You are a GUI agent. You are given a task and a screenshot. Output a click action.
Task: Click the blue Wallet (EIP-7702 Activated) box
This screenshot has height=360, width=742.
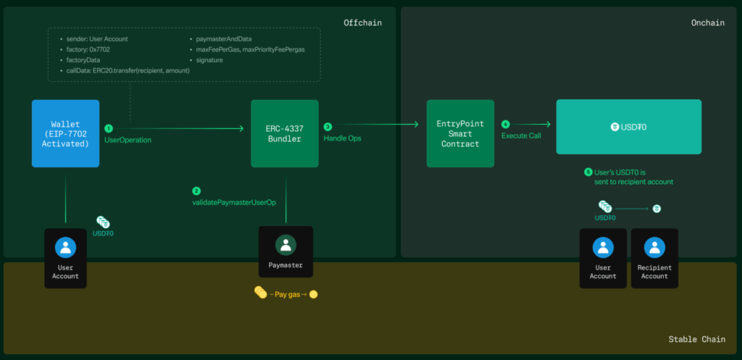click(x=65, y=133)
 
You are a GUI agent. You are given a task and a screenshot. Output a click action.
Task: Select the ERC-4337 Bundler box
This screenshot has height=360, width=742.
click(x=285, y=133)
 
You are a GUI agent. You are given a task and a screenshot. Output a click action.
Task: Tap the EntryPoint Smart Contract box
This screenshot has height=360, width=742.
click(x=460, y=133)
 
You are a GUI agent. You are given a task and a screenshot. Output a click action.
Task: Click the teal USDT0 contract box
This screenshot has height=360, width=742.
click(x=629, y=127)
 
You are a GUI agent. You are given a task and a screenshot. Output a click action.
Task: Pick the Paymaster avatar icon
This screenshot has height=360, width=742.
click(x=285, y=245)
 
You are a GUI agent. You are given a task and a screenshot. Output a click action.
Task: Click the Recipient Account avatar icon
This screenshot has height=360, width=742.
click(x=654, y=248)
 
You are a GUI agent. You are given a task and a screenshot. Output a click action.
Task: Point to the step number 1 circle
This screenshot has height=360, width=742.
click(x=109, y=128)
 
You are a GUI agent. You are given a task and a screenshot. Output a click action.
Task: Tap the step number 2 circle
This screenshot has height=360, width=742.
click(x=196, y=191)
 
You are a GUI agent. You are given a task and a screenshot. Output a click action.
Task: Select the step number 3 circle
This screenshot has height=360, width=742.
click(x=328, y=127)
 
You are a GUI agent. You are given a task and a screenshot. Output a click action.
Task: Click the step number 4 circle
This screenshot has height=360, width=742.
click(x=505, y=125)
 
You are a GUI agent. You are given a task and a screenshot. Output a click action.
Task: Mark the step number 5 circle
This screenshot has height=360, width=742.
click(x=588, y=172)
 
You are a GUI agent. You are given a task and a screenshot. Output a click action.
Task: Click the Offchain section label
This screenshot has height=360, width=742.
click(x=362, y=22)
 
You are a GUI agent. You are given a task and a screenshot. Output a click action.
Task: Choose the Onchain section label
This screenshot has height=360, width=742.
click(x=708, y=22)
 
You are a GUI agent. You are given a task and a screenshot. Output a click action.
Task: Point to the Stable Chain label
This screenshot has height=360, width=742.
click(x=696, y=339)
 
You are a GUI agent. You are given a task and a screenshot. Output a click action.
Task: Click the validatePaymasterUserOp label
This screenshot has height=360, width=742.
click(x=234, y=203)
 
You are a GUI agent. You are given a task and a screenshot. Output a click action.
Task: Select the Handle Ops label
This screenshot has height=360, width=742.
click(x=342, y=138)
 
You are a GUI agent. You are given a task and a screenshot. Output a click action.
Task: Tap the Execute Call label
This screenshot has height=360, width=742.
click(x=521, y=135)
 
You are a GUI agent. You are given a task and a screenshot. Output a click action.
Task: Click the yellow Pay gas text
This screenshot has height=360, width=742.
click(x=288, y=294)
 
